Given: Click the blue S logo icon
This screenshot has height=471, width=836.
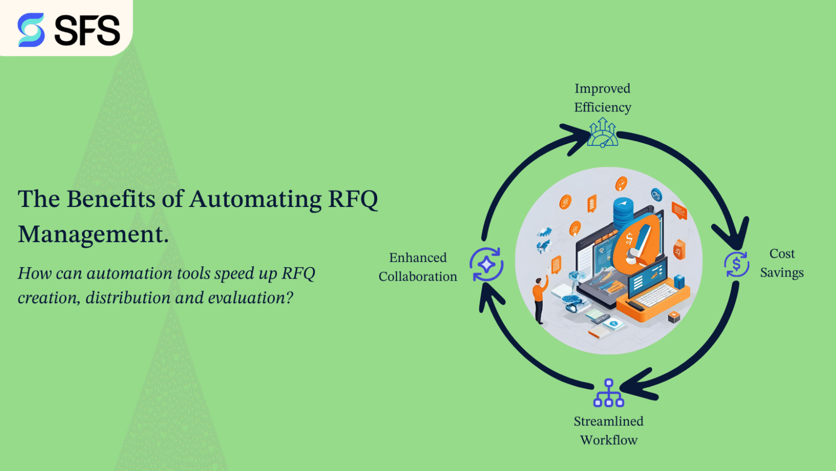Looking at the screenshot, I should (x=31, y=30).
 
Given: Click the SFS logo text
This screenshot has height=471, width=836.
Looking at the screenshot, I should (x=87, y=30).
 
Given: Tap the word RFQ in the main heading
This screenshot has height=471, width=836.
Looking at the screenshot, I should (x=353, y=199).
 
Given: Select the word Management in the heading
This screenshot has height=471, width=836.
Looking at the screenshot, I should (x=91, y=234).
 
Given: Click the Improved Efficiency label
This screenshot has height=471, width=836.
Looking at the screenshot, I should (x=602, y=98).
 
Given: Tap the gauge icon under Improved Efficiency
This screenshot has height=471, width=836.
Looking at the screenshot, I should (x=602, y=133).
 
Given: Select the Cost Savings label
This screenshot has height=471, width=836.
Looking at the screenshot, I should (x=782, y=263).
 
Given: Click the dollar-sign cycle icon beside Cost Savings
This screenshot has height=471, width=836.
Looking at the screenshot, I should (x=736, y=264).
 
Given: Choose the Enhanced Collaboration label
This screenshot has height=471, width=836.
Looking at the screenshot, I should (x=418, y=267).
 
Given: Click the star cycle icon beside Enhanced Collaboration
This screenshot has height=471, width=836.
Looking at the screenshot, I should (x=486, y=265).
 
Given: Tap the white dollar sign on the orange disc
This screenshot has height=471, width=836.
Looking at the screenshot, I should (x=629, y=239).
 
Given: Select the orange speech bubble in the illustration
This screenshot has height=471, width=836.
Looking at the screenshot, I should (x=679, y=211).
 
